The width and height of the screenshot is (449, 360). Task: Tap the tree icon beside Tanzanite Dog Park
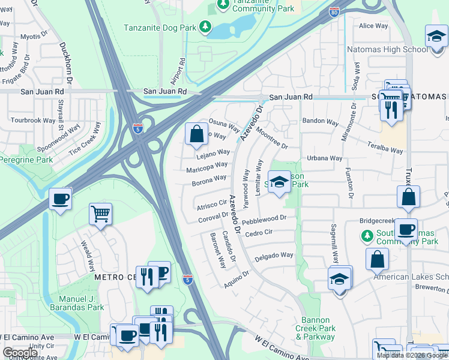click(x=205, y=27)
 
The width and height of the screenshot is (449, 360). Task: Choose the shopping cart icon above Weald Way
click(x=100, y=213)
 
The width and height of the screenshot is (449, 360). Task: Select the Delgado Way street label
click(x=274, y=256)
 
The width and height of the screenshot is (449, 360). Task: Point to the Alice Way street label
click(x=373, y=26)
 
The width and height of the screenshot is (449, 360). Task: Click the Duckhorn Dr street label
click(x=65, y=62)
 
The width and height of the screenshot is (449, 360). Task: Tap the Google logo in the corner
click(x=20, y=353)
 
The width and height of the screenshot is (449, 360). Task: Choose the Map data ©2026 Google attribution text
click(x=412, y=355)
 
